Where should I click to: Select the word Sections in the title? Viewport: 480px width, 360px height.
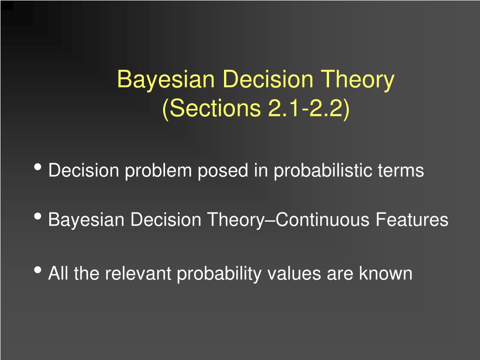pos(211,108)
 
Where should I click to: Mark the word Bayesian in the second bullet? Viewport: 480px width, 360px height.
pos(87,220)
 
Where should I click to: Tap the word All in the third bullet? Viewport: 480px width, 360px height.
pos(59,273)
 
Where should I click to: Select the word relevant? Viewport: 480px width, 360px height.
pos(139,273)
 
